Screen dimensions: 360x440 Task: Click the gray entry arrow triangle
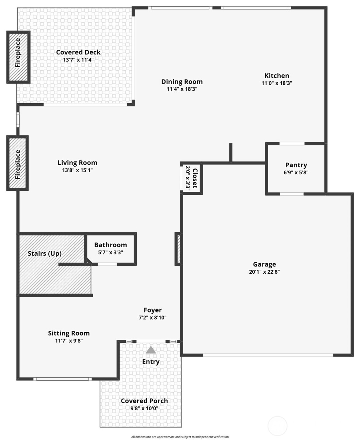[151, 350]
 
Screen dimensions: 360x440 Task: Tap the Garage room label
[264, 264]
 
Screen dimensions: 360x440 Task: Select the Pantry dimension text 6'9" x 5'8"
[296, 172]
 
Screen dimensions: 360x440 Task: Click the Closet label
[195, 178]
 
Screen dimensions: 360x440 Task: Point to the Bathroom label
[111, 245]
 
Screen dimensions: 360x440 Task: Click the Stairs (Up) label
[45, 253]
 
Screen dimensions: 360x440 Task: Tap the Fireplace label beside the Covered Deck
[18, 53]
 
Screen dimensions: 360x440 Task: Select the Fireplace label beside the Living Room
[18, 165]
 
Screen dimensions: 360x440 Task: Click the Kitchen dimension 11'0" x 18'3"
[277, 83]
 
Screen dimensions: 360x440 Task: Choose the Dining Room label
[182, 82]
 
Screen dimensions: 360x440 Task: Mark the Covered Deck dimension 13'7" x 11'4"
[78, 60]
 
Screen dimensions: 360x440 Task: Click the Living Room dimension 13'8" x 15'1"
[77, 170]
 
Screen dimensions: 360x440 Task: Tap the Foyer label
[153, 310]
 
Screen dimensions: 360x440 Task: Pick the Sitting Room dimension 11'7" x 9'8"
[69, 341]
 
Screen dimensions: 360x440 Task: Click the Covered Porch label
[144, 401]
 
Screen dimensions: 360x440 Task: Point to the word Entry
[151, 361]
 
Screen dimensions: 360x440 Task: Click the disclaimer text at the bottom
[180, 435]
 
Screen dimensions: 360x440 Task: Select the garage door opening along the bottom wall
[268, 355]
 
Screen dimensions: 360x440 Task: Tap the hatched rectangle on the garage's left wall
[178, 249]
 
